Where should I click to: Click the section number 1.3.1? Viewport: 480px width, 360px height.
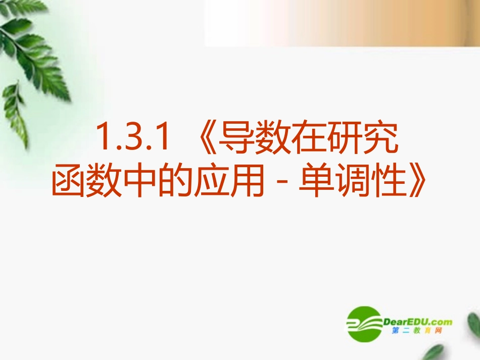[x=132, y=137]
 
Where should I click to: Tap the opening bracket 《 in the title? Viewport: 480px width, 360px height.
[x=204, y=137]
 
